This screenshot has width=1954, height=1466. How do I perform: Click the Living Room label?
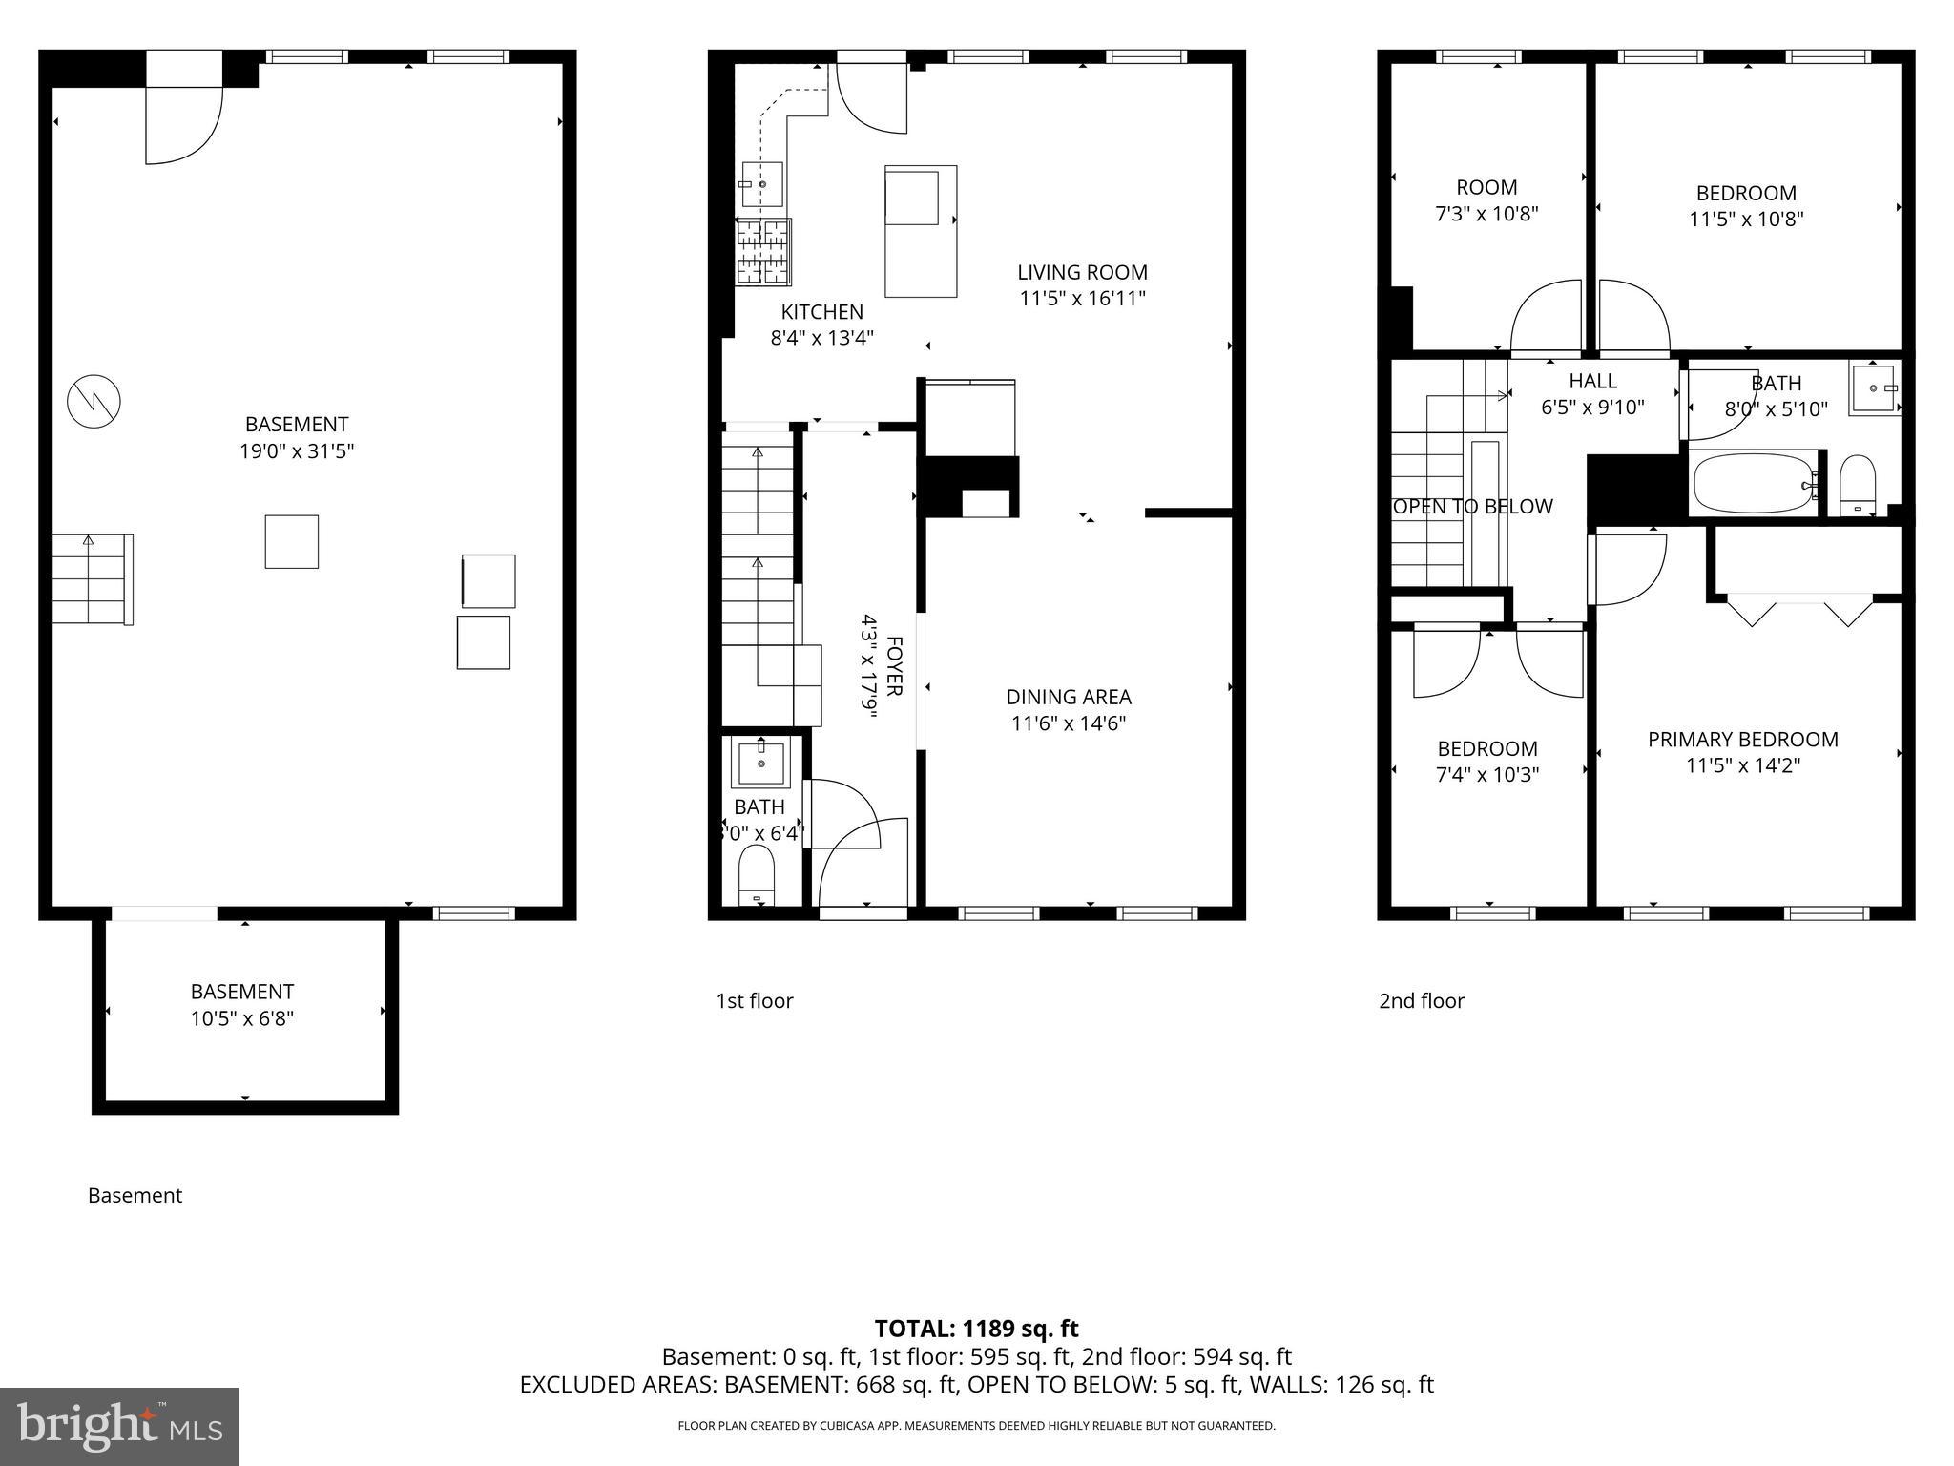click(1082, 273)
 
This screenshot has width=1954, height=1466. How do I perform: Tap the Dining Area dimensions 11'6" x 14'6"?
click(1069, 723)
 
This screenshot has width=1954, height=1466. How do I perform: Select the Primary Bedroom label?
click(1742, 740)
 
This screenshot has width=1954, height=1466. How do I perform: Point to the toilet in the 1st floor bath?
click(758, 872)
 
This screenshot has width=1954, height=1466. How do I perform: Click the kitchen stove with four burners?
click(763, 251)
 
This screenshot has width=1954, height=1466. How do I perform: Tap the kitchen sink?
click(762, 184)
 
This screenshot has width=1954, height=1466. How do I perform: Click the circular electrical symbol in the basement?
click(94, 401)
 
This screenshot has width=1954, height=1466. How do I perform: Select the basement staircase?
click(91, 579)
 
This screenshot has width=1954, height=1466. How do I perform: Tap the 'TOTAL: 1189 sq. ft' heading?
click(976, 1329)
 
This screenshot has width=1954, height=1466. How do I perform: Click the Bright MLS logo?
click(119, 1426)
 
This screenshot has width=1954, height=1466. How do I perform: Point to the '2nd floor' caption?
click(1421, 1000)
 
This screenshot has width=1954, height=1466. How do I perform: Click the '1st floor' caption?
click(754, 1000)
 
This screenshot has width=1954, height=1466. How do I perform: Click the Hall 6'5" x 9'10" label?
click(1592, 394)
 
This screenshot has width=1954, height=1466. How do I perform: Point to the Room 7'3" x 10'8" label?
click(1486, 200)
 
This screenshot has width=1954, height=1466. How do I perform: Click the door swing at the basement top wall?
click(183, 124)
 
